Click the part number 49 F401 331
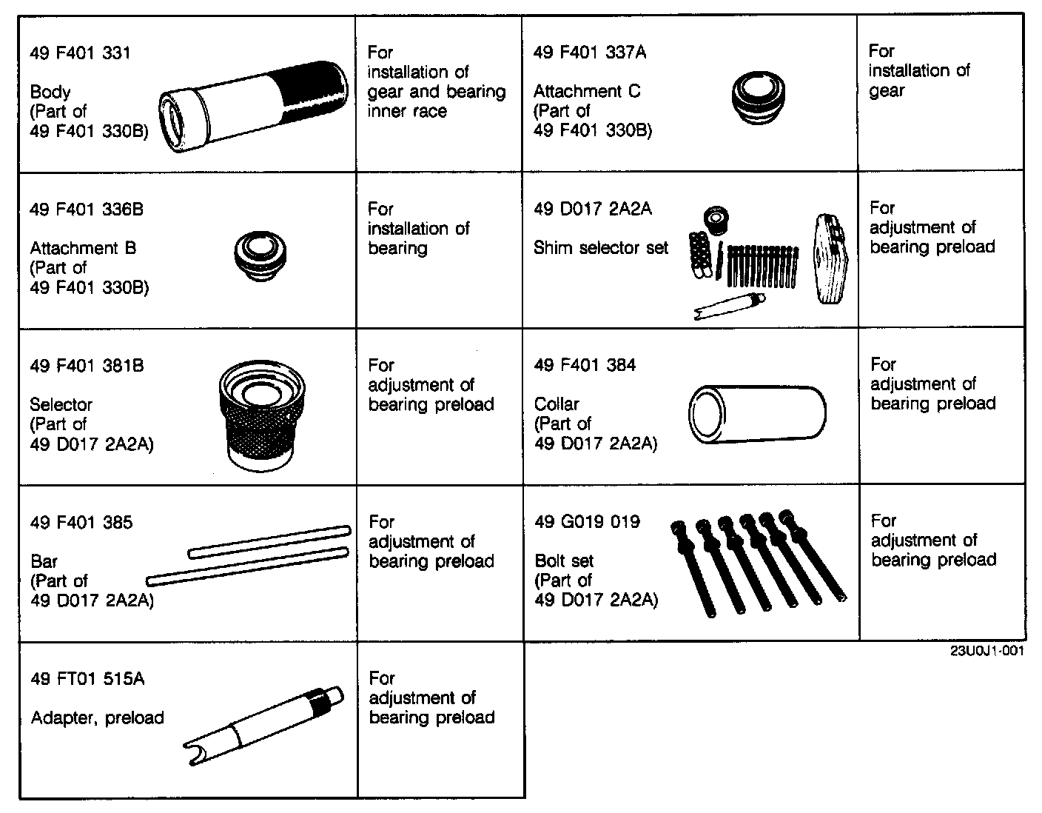coord(80,53)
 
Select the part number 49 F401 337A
coord(590,52)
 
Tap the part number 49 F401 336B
coord(87,210)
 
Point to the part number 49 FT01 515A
coord(87,679)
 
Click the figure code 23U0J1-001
coord(988,652)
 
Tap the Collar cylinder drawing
coord(756,415)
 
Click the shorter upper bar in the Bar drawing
coord(269,541)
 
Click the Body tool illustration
coord(253,107)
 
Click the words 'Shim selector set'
coord(600,248)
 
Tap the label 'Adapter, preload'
coord(97,718)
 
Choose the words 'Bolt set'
coord(564,561)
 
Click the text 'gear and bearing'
coord(436,92)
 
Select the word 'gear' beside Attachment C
coord(886,91)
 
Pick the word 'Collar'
coord(557,404)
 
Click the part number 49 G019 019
coord(587,522)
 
